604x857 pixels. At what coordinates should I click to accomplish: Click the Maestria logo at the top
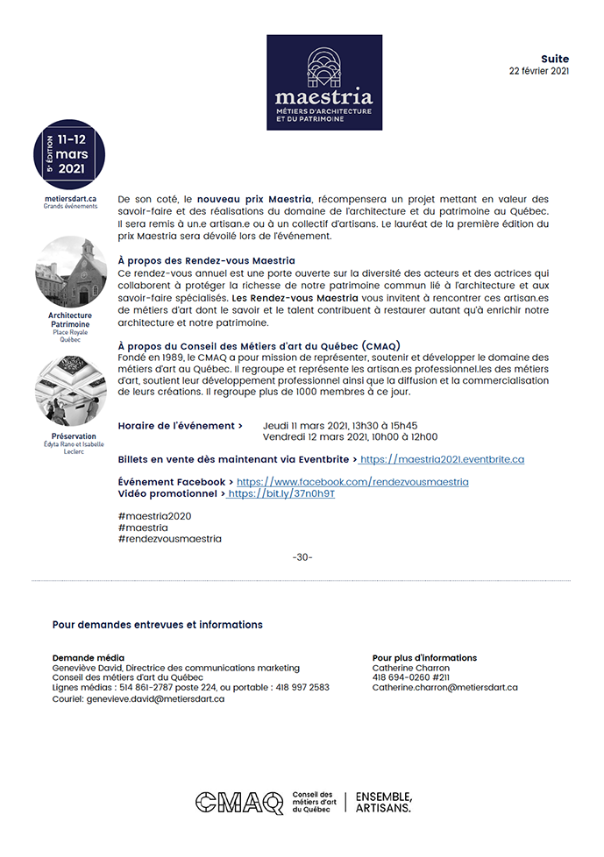tap(324, 82)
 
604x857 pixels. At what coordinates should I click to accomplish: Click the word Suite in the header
tap(555, 58)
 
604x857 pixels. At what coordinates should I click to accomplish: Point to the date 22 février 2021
tap(539, 71)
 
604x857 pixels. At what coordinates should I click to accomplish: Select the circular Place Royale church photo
tap(70, 272)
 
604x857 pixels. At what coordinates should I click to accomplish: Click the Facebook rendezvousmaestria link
tap(352, 482)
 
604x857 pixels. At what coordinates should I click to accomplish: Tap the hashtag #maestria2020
tap(153, 516)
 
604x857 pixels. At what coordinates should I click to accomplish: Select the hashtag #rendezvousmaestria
tap(169, 539)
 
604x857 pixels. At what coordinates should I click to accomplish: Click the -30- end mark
tap(302, 557)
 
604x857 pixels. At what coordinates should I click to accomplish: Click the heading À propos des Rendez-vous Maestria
tap(206, 261)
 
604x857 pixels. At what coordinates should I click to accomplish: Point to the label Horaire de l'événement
tap(180, 426)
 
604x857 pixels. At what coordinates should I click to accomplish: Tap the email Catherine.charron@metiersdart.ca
tap(444, 688)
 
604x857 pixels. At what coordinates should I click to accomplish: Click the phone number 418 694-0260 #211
tap(410, 677)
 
